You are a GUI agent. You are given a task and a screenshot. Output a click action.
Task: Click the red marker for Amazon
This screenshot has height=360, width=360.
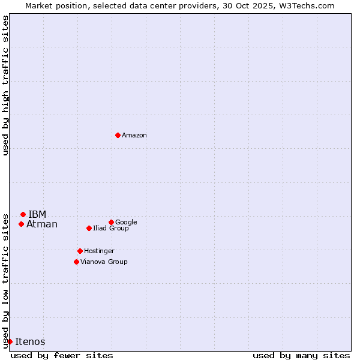118,135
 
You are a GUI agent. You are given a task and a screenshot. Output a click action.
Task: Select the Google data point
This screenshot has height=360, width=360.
111,222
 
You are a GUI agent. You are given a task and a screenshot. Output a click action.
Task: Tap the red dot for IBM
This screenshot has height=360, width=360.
23,214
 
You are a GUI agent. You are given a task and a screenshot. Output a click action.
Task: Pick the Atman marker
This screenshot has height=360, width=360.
21,224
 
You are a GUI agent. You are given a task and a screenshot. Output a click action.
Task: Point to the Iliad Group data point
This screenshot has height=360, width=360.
89,228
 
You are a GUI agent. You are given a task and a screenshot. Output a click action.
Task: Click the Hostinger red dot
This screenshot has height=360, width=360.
80,251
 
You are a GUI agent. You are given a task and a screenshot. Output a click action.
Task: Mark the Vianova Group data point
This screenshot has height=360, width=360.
76,262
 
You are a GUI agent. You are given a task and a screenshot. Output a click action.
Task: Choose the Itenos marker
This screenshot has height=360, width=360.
10,341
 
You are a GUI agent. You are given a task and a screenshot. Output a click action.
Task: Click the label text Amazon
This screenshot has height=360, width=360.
134,136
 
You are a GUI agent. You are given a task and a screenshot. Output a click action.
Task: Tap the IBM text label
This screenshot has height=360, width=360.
37,215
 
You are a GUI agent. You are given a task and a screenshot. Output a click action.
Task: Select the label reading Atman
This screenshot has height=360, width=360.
42,224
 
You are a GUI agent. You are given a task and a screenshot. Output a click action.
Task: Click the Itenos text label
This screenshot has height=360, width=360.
30,342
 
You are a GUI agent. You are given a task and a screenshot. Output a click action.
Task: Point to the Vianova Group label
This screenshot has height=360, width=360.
104,262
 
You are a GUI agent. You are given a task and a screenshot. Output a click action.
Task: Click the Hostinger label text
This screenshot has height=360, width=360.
99,251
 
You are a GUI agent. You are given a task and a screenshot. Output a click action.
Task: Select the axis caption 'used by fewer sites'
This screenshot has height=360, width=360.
62,355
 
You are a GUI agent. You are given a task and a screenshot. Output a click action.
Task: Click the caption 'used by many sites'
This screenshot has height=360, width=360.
301,355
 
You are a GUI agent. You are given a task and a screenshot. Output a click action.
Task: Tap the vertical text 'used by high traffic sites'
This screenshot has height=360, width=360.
5,85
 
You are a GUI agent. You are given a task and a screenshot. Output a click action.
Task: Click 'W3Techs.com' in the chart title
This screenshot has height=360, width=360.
310,6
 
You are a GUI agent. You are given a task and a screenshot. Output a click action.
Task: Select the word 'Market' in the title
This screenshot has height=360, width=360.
39,6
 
